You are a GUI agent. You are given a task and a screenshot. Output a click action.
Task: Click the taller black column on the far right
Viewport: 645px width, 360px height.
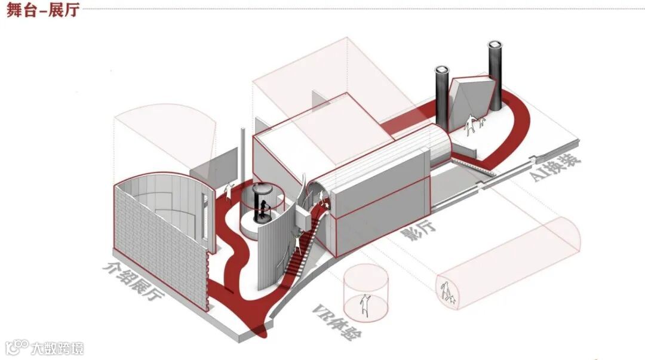tap(496, 75)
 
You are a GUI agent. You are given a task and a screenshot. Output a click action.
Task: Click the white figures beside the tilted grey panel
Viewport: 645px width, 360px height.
tap(474, 125)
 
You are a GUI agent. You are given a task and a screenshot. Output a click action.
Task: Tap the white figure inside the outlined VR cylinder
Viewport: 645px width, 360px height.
tap(365, 305)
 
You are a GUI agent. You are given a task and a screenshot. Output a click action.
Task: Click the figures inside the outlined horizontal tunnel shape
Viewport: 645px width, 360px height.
tap(447, 293)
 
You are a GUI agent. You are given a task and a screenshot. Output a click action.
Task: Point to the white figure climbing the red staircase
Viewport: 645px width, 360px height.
tap(297, 241)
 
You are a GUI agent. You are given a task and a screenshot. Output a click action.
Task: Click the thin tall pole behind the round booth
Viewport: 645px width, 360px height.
tap(244, 155)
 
